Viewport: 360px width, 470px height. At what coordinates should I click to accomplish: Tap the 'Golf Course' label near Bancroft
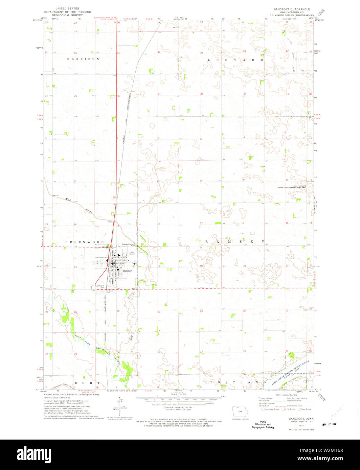(x=133, y=253)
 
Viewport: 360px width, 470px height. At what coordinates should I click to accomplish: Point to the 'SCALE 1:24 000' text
(x=179, y=394)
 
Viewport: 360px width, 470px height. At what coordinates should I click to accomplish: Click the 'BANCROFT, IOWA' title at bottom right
(x=299, y=419)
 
